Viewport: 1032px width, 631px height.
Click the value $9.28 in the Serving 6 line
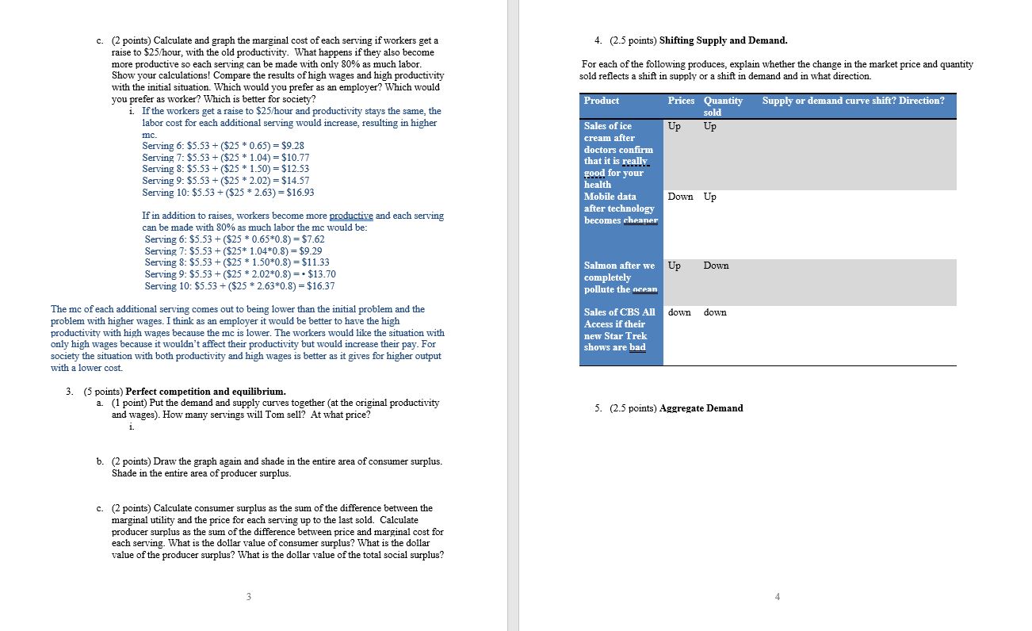tap(291, 146)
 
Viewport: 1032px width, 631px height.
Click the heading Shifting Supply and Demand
tap(723, 40)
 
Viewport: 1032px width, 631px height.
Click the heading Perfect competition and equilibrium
tap(206, 392)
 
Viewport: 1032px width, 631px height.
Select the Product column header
tap(601, 101)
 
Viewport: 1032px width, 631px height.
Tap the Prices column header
tap(681, 101)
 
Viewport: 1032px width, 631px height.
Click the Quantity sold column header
tap(722, 106)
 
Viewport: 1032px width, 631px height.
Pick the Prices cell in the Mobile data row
tap(680, 197)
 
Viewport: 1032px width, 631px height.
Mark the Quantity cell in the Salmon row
tap(715, 266)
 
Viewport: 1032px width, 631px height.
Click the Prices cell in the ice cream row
tap(674, 126)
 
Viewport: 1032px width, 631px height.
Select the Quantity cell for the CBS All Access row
tap(714, 312)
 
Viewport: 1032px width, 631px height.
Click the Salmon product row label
tap(619, 277)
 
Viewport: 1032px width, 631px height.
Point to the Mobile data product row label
tap(619, 208)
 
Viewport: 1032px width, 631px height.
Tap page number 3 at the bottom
tap(248, 597)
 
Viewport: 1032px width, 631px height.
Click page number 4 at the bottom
tap(777, 597)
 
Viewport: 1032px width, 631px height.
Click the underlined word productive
tap(350, 216)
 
